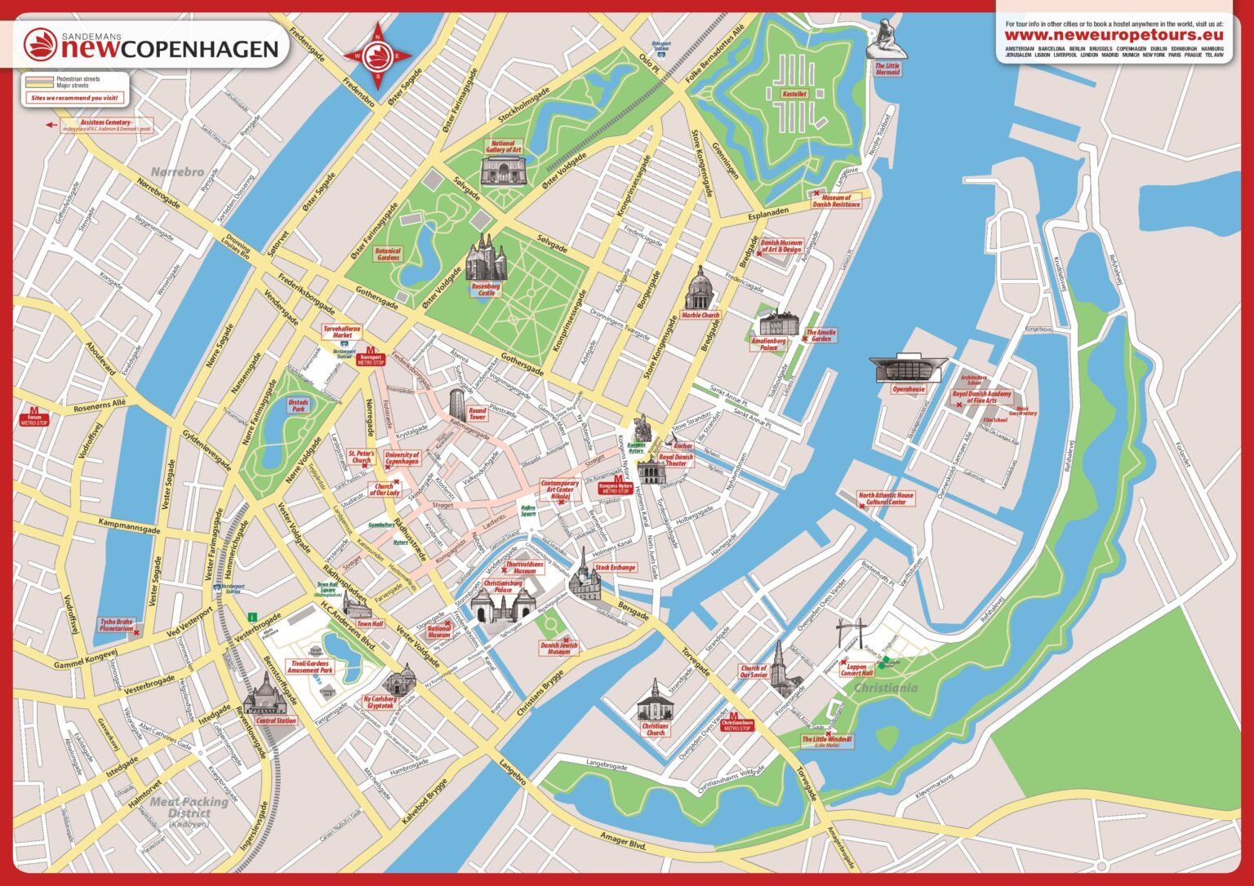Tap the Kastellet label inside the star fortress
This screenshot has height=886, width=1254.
(x=794, y=95)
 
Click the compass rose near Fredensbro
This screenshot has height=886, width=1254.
(x=378, y=56)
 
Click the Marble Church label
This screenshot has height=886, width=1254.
(x=700, y=315)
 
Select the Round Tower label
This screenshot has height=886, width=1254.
(x=478, y=414)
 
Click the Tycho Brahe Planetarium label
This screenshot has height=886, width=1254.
(x=116, y=626)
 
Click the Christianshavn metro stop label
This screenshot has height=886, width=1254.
(x=736, y=724)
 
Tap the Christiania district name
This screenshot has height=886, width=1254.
(x=885, y=688)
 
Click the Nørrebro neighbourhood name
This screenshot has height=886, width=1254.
(x=176, y=172)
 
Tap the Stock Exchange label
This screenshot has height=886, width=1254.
(x=614, y=567)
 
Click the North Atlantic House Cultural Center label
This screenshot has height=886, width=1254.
(x=886, y=498)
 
